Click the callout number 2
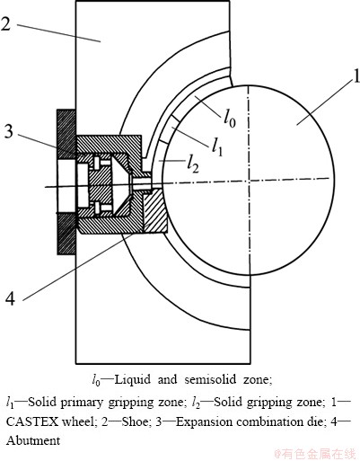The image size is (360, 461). [x=6, y=23]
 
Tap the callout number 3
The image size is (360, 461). [x=9, y=131]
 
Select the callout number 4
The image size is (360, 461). [x=11, y=298]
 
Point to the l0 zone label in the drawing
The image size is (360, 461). [x=230, y=119]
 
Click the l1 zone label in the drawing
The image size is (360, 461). [x=217, y=146]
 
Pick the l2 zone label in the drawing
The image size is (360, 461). [x=193, y=164]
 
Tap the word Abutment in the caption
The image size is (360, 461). [x=33, y=440]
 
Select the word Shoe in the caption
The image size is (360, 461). [x=135, y=421]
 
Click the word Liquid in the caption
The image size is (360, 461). [x=133, y=380]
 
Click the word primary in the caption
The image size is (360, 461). [x=82, y=403]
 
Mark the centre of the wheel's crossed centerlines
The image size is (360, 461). [x=249, y=181]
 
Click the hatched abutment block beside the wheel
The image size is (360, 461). [x=155, y=211]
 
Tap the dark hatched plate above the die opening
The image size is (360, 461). [x=66, y=134]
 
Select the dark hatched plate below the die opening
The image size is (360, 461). [x=66, y=234]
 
